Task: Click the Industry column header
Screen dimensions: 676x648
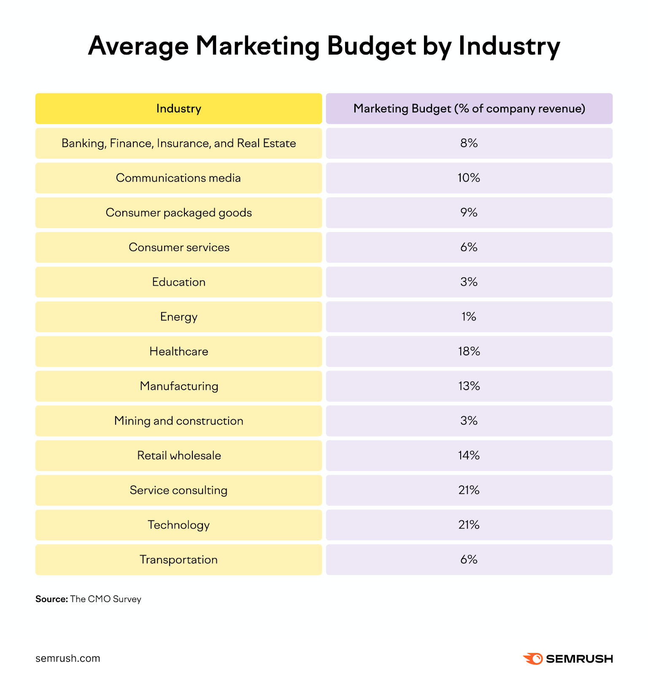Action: click(x=178, y=109)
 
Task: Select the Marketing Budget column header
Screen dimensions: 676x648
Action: click(x=469, y=109)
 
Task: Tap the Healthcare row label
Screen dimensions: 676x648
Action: click(x=178, y=352)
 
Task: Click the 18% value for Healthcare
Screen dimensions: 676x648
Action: click(x=469, y=352)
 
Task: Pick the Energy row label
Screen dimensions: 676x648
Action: click(x=178, y=317)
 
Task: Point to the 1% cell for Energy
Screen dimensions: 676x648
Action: click(x=469, y=317)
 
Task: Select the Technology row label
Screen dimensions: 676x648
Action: click(x=178, y=525)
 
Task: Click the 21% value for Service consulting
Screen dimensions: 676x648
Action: click(x=469, y=490)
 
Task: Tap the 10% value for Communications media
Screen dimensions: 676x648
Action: click(x=469, y=178)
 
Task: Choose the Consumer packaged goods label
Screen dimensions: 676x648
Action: click(x=178, y=213)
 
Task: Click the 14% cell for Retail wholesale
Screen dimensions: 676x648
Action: click(x=469, y=455)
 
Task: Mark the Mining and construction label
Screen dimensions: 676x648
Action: click(x=178, y=421)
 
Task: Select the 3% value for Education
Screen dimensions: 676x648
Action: click(x=469, y=282)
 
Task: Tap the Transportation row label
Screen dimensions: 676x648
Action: click(x=178, y=559)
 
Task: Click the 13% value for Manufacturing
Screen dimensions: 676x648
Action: click(x=469, y=386)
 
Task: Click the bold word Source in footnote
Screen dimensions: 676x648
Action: click(x=51, y=599)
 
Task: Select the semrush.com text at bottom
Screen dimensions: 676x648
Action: click(x=68, y=658)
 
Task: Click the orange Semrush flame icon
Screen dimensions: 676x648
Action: click(x=533, y=658)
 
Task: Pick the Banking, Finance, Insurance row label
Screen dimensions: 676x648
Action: click(x=178, y=143)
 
